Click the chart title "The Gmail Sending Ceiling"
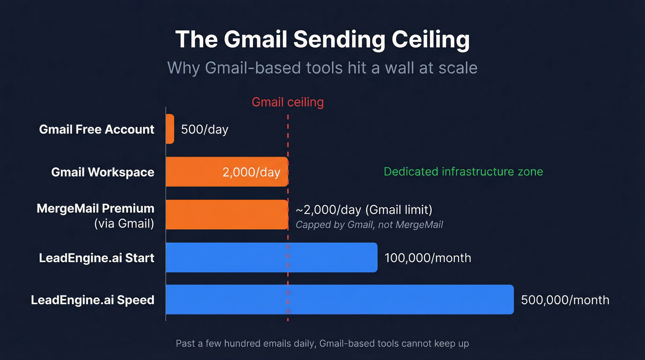[322, 40]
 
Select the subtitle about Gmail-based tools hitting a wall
[322, 68]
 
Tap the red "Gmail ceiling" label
[287, 102]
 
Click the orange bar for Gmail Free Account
[170, 129]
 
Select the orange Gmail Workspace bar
[193, 172]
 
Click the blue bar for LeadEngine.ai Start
[271, 257]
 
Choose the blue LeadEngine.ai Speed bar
[340, 300]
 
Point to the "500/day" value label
[205, 129]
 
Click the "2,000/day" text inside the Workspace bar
[251, 172]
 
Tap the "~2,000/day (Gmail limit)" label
[364, 210]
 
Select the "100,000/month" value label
[428, 258]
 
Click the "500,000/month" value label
[565, 300]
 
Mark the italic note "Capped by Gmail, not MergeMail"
[369, 225]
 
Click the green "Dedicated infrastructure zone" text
[463, 172]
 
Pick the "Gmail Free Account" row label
[97, 130]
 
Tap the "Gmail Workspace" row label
[103, 172]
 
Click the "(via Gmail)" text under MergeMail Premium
[124, 224]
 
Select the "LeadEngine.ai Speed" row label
[93, 300]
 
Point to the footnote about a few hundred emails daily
[322, 343]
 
